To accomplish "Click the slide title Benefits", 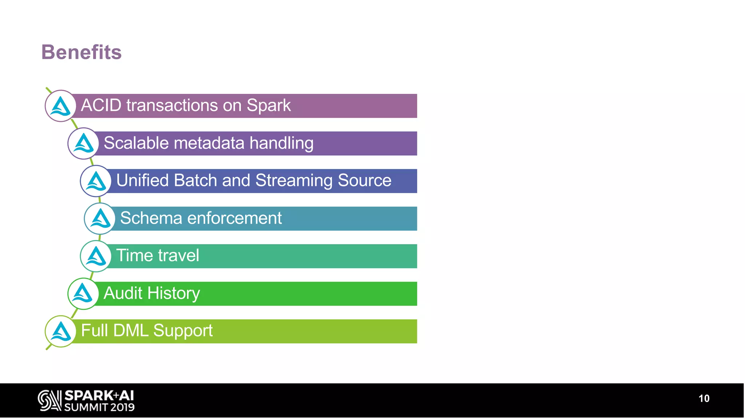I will coord(81,52).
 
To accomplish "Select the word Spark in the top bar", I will coord(268,105).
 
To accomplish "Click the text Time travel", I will coord(158,256).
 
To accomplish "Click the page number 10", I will coord(704,399).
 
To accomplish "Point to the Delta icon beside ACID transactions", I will coord(61,106).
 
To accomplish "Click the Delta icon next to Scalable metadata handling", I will coord(83,143).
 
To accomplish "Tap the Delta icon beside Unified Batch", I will coord(96,181).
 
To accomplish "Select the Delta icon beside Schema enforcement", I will coord(100,219).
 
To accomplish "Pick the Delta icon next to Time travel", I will coord(96,256).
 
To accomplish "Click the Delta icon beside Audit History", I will coord(83,294).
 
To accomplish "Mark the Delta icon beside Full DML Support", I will coord(61,331).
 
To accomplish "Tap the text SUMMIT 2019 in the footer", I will coord(99,407).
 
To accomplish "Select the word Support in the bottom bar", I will coord(183,331).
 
